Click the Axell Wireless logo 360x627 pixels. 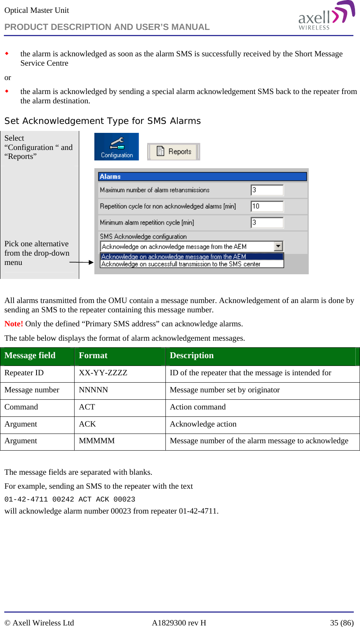pos(326,16)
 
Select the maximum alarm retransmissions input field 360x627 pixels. pos(267,190)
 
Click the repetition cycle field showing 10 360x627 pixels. pos(267,206)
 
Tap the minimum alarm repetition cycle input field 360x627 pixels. pos(267,223)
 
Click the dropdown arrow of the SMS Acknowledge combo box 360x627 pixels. pos(278,246)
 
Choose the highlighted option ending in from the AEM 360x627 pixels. pos(192,256)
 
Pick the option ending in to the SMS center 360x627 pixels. pos(192,264)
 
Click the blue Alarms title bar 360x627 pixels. pos(202,176)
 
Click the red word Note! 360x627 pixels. pos(14,324)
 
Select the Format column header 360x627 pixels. pos(93,355)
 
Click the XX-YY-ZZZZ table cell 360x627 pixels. pos(103,373)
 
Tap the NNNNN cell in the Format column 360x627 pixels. pos(94,390)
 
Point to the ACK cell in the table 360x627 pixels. pos(87,424)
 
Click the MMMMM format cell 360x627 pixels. pos(97,441)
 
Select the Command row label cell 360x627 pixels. pos(21,407)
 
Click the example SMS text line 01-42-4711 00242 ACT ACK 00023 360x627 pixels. pos(70,499)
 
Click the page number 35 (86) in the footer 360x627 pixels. pos(341,623)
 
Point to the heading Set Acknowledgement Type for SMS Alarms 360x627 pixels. pos(103,121)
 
